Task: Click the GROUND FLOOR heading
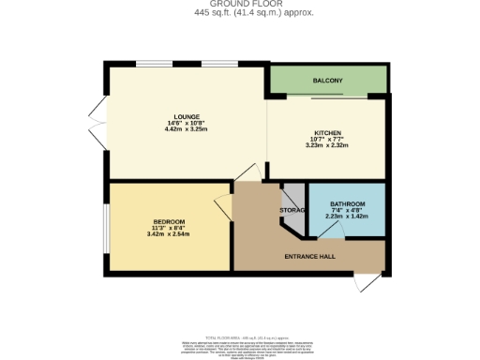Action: (241, 5)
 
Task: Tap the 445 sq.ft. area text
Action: (241, 13)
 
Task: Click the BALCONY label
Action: (328, 82)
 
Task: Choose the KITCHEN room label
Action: (327, 133)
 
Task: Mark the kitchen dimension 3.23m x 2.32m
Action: (327, 145)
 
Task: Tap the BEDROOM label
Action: (169, 221)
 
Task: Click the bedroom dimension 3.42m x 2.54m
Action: (169, 233)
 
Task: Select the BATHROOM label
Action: (347, 204)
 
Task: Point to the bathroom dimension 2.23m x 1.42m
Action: (347, 217)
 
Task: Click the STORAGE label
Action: (293, 210)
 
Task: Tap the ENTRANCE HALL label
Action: (311, 256)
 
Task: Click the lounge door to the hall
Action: (247, 172)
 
